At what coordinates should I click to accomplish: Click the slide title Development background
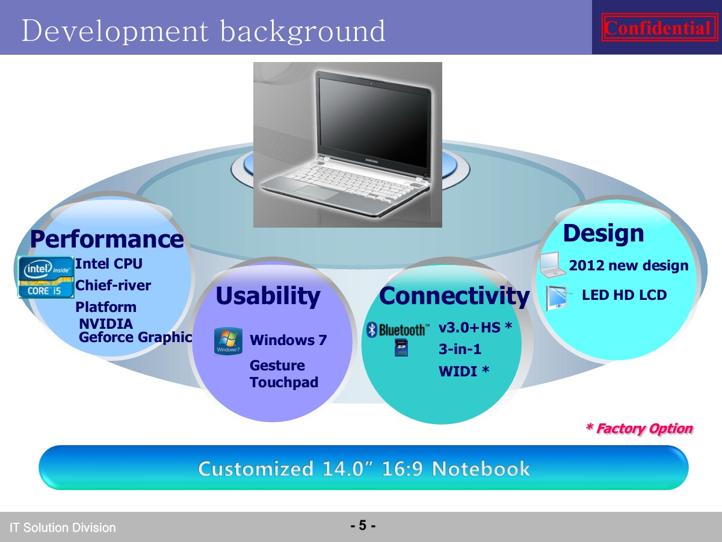coord(203,31)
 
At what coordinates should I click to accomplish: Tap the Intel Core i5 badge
coord(46,277)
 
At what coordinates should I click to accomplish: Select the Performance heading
coord(107,239)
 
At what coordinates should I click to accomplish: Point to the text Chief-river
coord(113,285)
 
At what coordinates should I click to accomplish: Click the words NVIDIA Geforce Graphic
coord(135,331)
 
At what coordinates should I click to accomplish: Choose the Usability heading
coord(268,296)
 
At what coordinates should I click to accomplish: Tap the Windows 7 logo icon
coord(228,341)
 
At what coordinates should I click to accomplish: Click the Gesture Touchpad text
coord(284,374)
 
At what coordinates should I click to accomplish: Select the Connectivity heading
coord(454,296)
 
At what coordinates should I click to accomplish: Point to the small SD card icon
coord(401,348)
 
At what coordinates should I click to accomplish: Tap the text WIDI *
coord(464,371)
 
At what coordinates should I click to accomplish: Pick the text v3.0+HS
coord(469,328)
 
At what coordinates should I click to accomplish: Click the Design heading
coord(603,233)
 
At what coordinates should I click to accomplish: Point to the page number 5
coord(363,525)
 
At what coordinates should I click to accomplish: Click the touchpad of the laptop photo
coord(318,192)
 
